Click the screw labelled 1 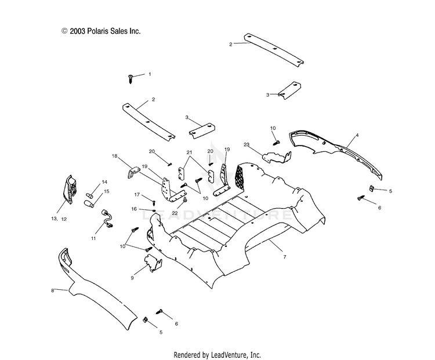pos(130,78)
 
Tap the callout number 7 pos(285,257)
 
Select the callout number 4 pos(357,135)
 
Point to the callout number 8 pos(52,290)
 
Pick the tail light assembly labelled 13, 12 pos(70,190)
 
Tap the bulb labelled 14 pos(90,195)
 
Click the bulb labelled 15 pos(89,204)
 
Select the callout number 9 pos(132,278)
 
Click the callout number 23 pos(246,144)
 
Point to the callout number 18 pos(115,156)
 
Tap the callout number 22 pos(175,213)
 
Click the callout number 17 pos(137,195)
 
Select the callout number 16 pos(134,209)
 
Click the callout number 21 pos(189,152)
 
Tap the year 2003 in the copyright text pos(77,31)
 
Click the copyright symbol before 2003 pos(64,31)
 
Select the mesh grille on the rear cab pos(240,179)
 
